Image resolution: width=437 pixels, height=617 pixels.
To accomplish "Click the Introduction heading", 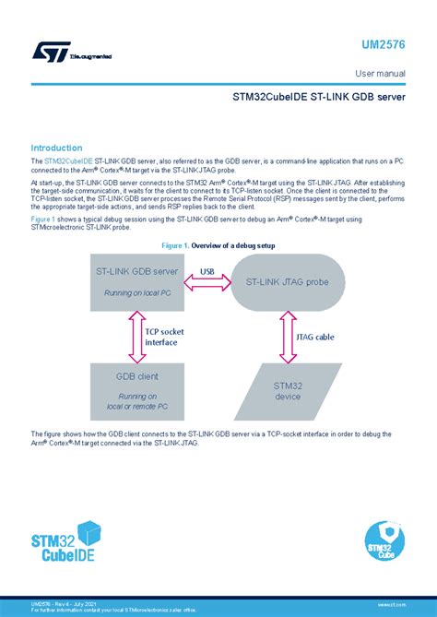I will coord(57,148).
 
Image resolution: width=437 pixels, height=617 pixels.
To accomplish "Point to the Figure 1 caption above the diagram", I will coord(218,245).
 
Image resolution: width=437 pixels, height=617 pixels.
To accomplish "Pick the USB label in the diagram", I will coord(210,271).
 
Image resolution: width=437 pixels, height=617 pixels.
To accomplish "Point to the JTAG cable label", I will coord(316,337).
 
